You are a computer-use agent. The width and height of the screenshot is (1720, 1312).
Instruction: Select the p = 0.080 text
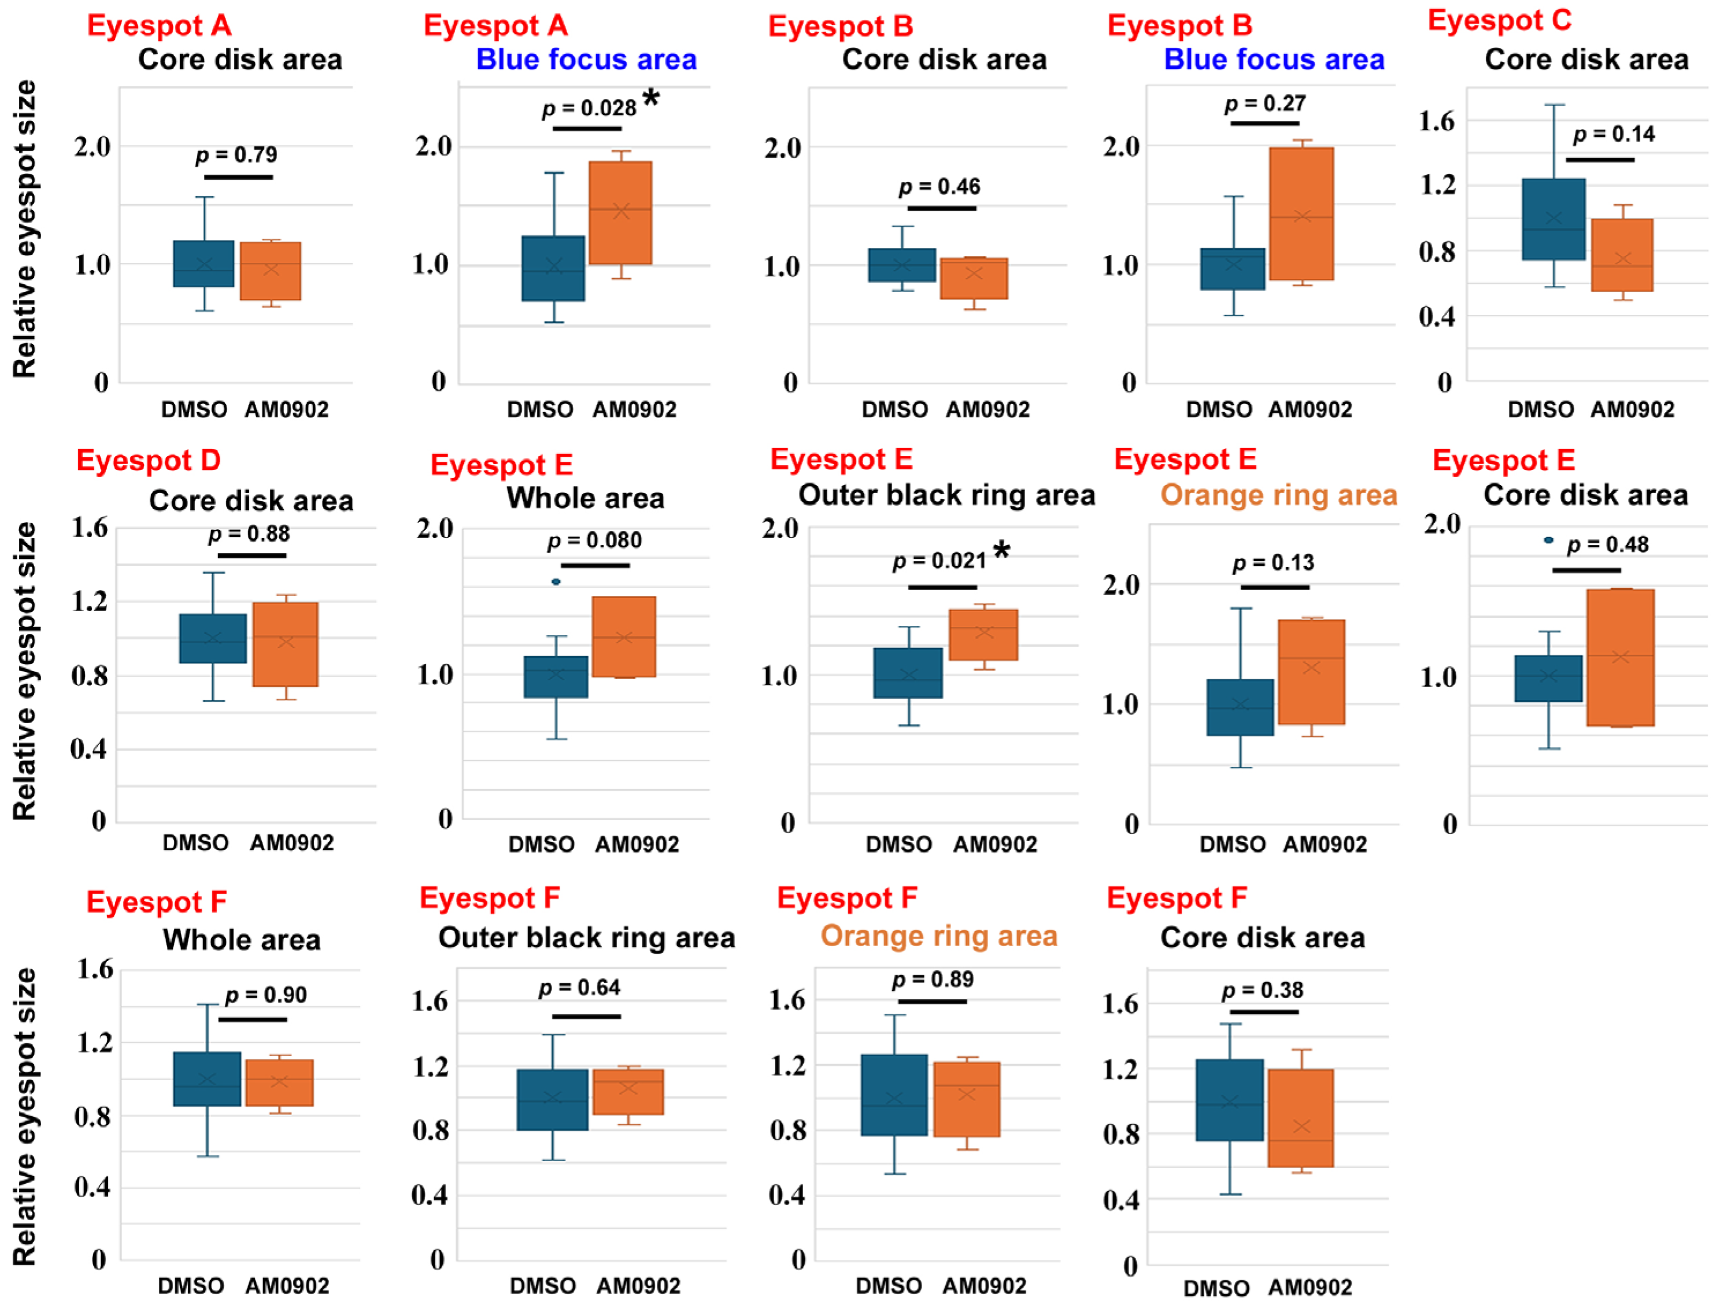594,540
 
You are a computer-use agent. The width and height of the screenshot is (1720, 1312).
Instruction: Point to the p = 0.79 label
236,155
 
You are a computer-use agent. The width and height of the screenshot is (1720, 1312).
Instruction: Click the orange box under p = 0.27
1301,214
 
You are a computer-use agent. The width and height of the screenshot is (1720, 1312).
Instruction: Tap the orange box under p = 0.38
1300,1118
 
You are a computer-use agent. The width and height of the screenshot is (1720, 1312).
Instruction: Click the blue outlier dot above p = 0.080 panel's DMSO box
556,582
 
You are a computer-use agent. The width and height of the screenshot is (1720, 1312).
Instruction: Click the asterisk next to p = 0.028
650,98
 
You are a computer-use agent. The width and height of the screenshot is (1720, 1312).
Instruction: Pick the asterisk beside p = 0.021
1001,551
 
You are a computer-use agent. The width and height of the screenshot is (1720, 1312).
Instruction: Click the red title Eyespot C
1500,21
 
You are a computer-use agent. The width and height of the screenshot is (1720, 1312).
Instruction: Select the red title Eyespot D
149,461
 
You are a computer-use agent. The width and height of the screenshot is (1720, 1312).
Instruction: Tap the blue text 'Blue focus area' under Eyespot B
1274,60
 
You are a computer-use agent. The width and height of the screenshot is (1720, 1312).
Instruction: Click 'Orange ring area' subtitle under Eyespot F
939,936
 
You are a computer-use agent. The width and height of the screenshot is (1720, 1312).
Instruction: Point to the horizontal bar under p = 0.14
1600,160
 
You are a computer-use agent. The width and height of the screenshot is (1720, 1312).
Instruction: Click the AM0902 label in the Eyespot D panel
292,843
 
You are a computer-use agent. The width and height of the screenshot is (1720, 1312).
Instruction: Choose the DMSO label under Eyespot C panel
1540,409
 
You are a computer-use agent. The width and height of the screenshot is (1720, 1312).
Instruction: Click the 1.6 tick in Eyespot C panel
1437,121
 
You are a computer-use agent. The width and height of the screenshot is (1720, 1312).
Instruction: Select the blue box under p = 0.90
207,1079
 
